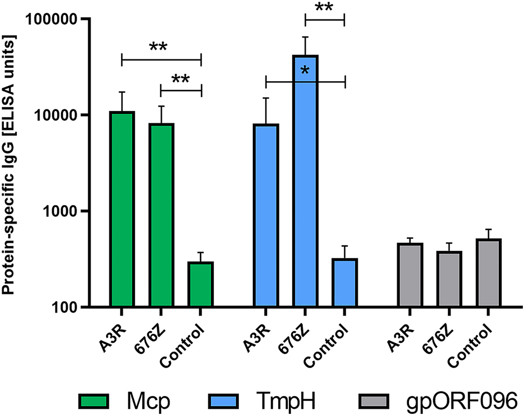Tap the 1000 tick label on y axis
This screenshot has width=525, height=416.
click(x=62, y=212)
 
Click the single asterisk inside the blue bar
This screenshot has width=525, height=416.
click(x=305, y=71)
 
